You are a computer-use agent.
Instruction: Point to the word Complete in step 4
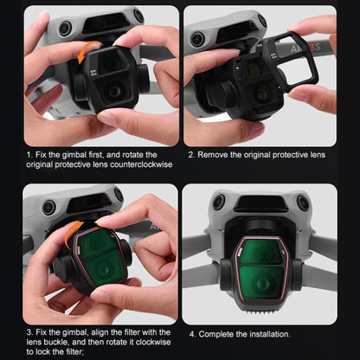pyautogui.click(x=215, y=333)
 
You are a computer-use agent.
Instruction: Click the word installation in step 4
pyautogui.click(x=266, y=333)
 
